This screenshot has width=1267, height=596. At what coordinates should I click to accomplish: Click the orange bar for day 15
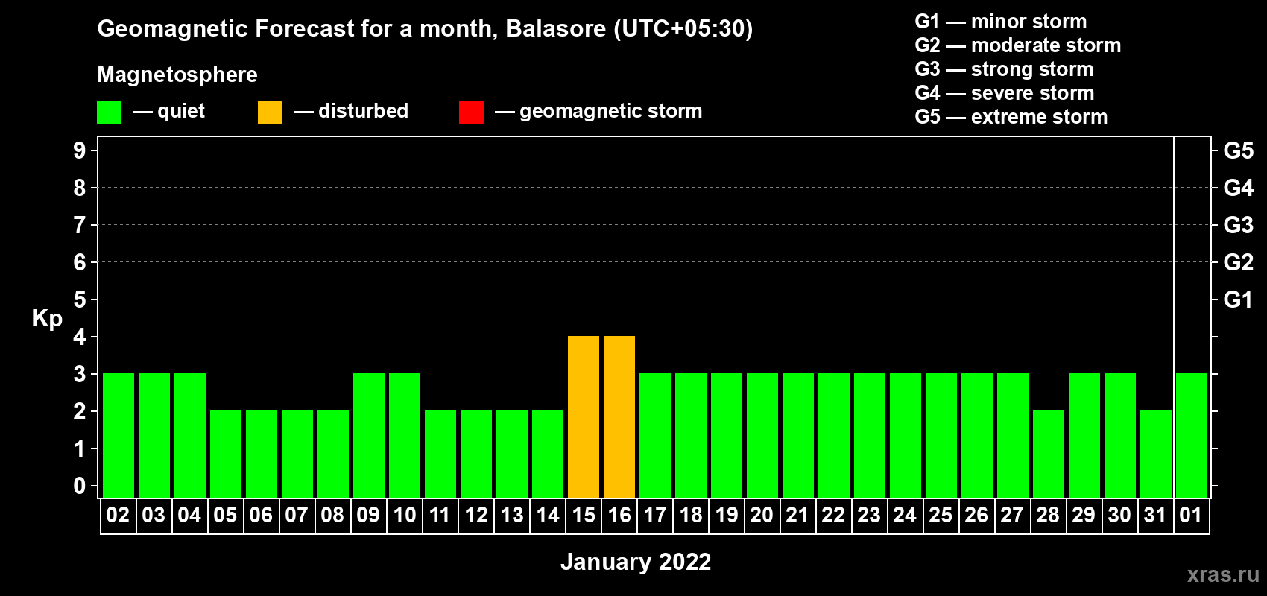(583, 416)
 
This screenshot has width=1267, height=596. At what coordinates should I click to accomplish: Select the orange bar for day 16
(619, 416)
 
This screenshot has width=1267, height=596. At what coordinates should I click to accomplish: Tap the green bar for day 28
(1048, 454)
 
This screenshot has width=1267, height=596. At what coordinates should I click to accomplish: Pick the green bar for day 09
(369, 435)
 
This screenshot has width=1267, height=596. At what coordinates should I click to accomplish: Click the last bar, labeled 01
(1191, 435)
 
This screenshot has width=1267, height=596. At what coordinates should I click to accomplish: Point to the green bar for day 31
(1155, 454)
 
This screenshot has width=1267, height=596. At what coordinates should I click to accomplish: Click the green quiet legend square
(109, 112)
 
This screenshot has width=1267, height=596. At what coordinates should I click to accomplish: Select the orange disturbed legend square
(270, 112)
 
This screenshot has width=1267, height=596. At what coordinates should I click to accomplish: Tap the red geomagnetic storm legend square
(471, 112)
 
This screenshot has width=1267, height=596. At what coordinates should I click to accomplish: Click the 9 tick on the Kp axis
(79, 150)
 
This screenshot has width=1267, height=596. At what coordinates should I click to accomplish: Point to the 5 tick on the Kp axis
(79, 299)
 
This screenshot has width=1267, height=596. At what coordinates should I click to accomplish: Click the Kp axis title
(47, 319)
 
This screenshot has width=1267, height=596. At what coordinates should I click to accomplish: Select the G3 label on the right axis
(1238, 225)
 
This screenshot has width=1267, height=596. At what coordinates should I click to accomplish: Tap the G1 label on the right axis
(1238, 299)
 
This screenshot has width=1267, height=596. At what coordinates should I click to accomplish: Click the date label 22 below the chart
(832, 515)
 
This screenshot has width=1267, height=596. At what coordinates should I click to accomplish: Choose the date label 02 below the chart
(118, 515)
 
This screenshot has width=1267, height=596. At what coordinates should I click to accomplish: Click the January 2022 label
(635, 562)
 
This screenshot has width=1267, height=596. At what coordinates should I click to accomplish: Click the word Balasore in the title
(555, 28)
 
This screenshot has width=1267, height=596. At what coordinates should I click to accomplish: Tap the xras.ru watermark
(1223, 575)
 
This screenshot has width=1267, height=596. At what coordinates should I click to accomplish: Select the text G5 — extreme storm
(1011, 117)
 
